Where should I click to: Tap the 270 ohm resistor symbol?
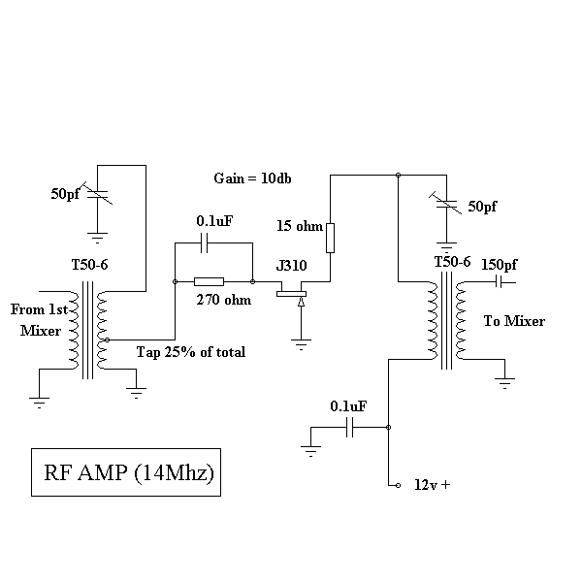[x=210, y=281]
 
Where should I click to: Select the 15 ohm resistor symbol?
[x=330, y=237]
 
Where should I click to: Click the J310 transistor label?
[x=293, y=266]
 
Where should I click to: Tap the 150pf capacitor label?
[x=500, y=264]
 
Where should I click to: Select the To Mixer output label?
[x=514, y=321]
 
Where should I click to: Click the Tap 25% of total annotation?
[x=191, y=351]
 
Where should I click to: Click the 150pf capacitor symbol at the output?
[x=498, y=281]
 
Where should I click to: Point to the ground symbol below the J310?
[x=302, y=341]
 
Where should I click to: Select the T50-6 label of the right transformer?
[x=452, y=262]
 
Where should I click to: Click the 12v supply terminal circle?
[x=397, y=484]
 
